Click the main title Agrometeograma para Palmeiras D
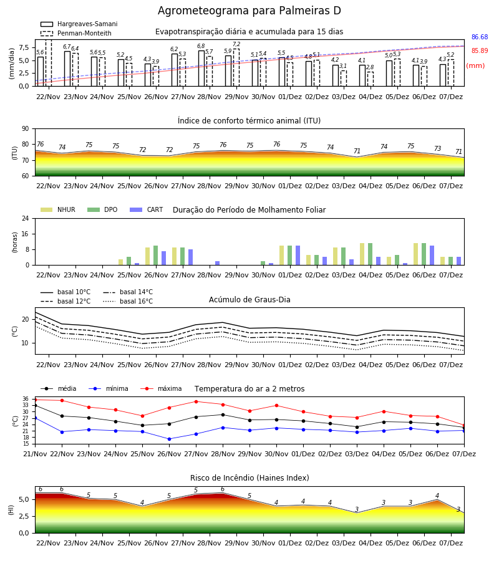(249, 11)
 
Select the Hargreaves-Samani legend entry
(79, 24)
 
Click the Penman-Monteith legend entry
(76, 33)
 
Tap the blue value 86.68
(480, 37)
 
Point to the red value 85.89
(480, 51)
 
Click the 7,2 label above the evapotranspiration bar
(236, 44)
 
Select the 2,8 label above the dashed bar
(370, 67)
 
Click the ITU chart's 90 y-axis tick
(26, 129)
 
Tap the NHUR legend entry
(58, 209)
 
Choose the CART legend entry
(147, 209)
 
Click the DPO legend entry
(102, 209)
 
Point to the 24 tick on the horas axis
(26, 219)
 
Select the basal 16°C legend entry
(128, 301)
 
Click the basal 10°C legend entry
(65, 292)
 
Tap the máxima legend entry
(161, 388)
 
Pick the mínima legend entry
(109, 388)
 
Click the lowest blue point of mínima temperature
(169, 439)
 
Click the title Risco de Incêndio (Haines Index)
(249, 478)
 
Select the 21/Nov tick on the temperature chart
(35, 454)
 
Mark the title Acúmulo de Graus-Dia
(249, 300)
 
